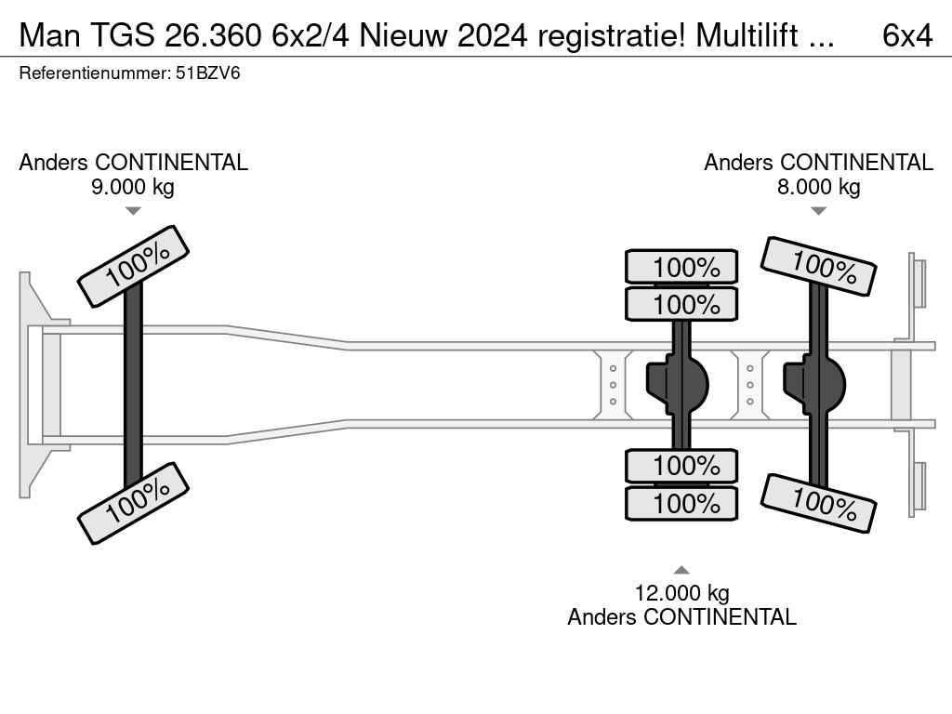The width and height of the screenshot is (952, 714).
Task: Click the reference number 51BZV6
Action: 207,73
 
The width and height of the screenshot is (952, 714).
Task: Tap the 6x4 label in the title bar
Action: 907,35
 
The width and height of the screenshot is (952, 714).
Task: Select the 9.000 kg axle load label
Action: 133,186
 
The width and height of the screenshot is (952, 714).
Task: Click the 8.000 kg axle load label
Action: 818,186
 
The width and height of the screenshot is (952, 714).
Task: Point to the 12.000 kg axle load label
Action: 681,592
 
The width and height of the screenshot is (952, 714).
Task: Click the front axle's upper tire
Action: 133,266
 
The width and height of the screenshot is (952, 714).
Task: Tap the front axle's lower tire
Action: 133,503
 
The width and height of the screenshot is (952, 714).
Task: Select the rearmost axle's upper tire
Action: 818,266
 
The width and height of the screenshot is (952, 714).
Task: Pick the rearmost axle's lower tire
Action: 818,503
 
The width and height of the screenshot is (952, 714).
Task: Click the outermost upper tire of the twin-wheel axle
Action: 681,267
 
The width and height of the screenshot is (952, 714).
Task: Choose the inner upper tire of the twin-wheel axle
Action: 681,304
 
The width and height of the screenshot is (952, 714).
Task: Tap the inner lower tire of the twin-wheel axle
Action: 681,466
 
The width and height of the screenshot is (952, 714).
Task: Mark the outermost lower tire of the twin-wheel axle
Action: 681,503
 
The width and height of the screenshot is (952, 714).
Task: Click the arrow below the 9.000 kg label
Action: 133,211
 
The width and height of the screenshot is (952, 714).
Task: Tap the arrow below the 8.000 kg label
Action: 818,211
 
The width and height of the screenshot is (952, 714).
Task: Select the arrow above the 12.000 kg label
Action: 681,570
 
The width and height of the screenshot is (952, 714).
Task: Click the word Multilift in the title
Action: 747,35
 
